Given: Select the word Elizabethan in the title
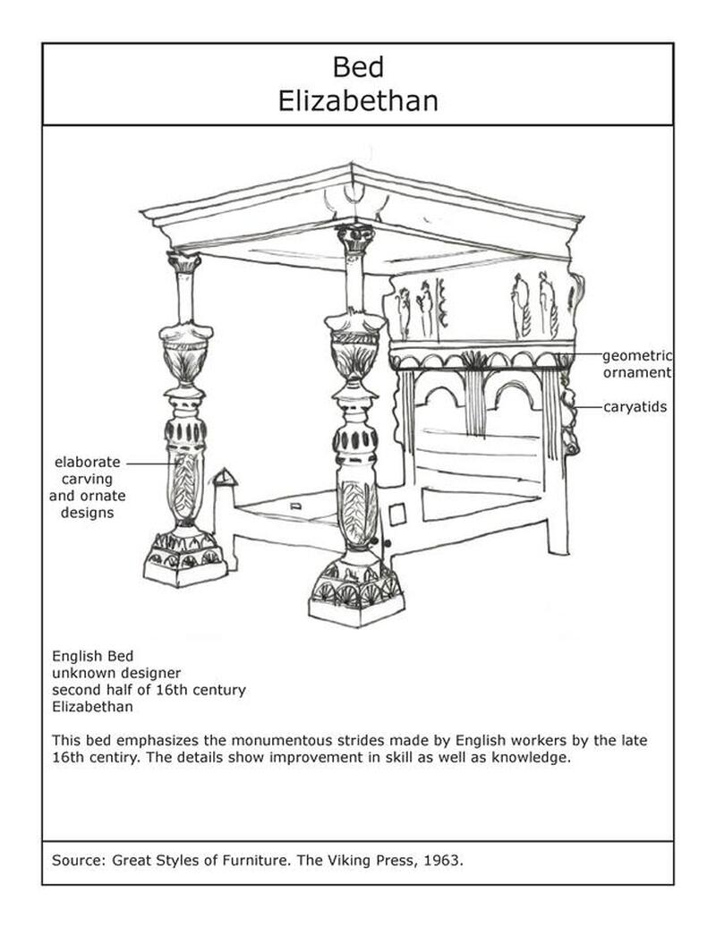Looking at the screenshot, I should tap(357, 99).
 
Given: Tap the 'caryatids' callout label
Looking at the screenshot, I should tap(634, 407).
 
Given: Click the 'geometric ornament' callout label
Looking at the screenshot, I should tap(636, 364).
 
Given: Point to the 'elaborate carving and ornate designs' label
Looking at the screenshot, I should tap(87, 488).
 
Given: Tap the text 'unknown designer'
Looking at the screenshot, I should tap(116, 672).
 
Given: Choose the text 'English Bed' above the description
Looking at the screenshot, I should tap(92, 656).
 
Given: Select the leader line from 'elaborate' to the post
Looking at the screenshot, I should tap(148, 463).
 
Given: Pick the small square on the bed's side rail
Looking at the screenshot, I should tap(397, 515).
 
